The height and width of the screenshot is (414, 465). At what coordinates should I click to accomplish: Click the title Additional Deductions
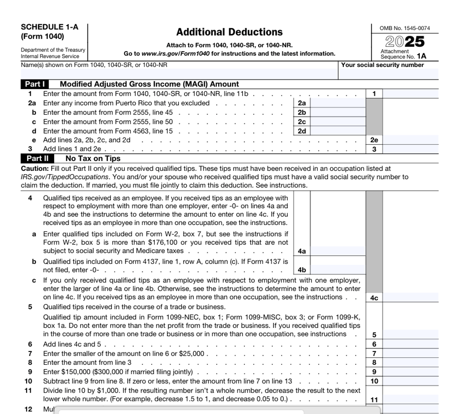click(229, 32)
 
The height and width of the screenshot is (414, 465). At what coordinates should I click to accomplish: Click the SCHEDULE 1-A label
click(49, 27)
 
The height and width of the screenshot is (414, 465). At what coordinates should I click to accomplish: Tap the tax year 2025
click(405, 41)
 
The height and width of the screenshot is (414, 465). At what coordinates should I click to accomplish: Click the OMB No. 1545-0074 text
click(405, 28)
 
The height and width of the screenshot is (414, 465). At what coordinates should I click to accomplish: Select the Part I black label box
click(35, 84)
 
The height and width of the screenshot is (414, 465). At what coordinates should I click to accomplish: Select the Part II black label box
click(37, 158)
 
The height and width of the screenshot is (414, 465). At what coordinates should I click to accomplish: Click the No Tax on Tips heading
click(93, 158)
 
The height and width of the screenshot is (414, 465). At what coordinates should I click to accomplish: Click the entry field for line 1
click(410, 94)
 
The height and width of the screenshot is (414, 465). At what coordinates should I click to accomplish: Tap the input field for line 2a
click(338, 103)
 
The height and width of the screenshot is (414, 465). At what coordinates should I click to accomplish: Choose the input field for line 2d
click(338, 131)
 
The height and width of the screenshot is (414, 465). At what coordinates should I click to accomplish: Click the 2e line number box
click(374, 140)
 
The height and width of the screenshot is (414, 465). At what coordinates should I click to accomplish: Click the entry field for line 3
click(410, 149)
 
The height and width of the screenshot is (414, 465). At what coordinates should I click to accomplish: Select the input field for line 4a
click(338, 251)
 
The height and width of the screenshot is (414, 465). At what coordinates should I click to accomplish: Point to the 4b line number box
click(302, 270)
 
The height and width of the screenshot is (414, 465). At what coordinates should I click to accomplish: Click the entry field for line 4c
click(410, 298)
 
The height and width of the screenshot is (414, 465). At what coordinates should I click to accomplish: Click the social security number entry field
click(388, 74)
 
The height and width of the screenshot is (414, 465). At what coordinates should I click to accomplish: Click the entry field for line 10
click(410, 381)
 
